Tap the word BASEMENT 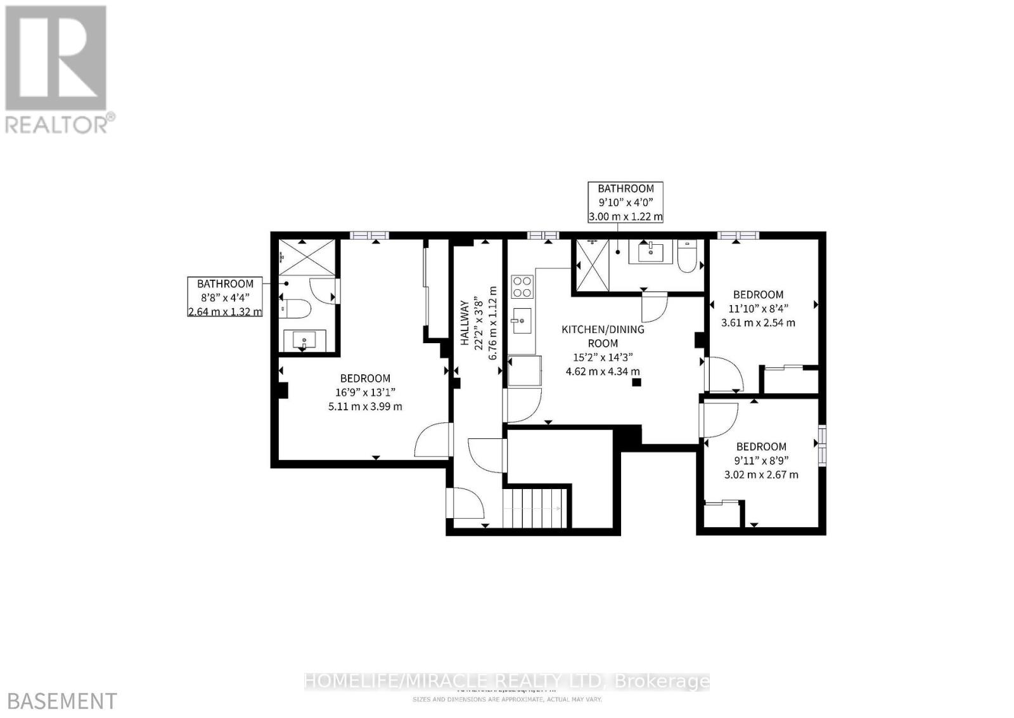click(58, 701)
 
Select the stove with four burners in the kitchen click(522, 287)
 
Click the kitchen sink click(522, 321)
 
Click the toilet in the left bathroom click(295, 310)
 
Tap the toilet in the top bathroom click(687, 257)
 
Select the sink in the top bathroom click(650, 252)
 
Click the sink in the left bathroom click(305, 341)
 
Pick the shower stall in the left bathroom click(307, 258)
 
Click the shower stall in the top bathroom click(591, 266)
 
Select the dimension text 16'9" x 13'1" click(365, 392)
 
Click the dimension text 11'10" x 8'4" click(758, 308)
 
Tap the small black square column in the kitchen click(636, 382)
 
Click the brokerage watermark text click(507, 682)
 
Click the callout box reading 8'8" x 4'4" click(225, 297)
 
